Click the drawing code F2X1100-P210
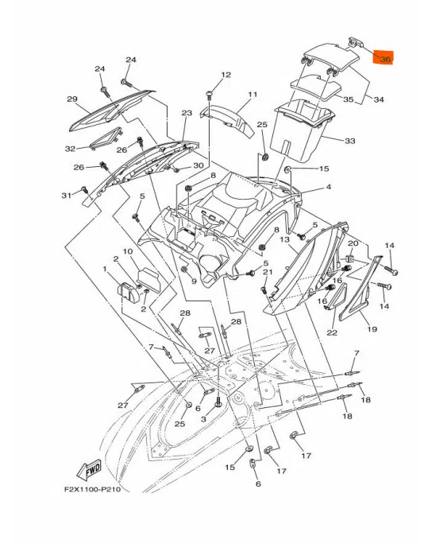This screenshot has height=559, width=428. coord(92,489)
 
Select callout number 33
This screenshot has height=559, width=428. coord(350,142)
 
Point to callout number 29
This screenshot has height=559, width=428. coord(72,99)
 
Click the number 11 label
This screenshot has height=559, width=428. coord(253,95)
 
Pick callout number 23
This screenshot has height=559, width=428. coord(187,113)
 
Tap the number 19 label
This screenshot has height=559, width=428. coord(372,329)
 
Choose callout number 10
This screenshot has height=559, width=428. coord(128,251)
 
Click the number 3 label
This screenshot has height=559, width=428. coord(203,419)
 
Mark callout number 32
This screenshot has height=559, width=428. coord(70,149)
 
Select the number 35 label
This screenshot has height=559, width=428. coord(348,99)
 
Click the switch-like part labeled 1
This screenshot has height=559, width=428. coord(129,292)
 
